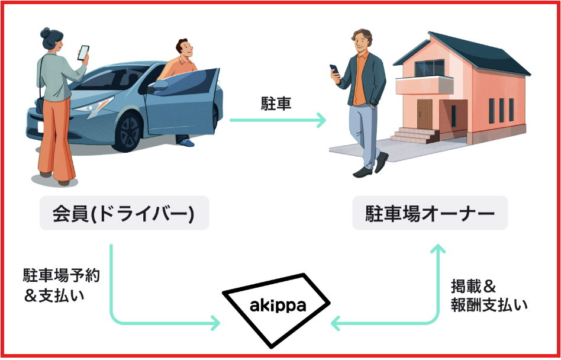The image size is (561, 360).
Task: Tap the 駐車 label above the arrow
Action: click(x=276, y=104)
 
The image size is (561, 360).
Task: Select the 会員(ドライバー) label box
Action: click(x=124, y=213)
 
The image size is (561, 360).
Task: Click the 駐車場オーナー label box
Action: click(x=430, y=213)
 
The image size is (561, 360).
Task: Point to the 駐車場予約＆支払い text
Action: click(x=61, y=285)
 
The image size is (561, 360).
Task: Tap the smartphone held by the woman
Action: click(x=83, y=53)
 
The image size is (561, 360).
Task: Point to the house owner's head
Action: click(x=361, y=40)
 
